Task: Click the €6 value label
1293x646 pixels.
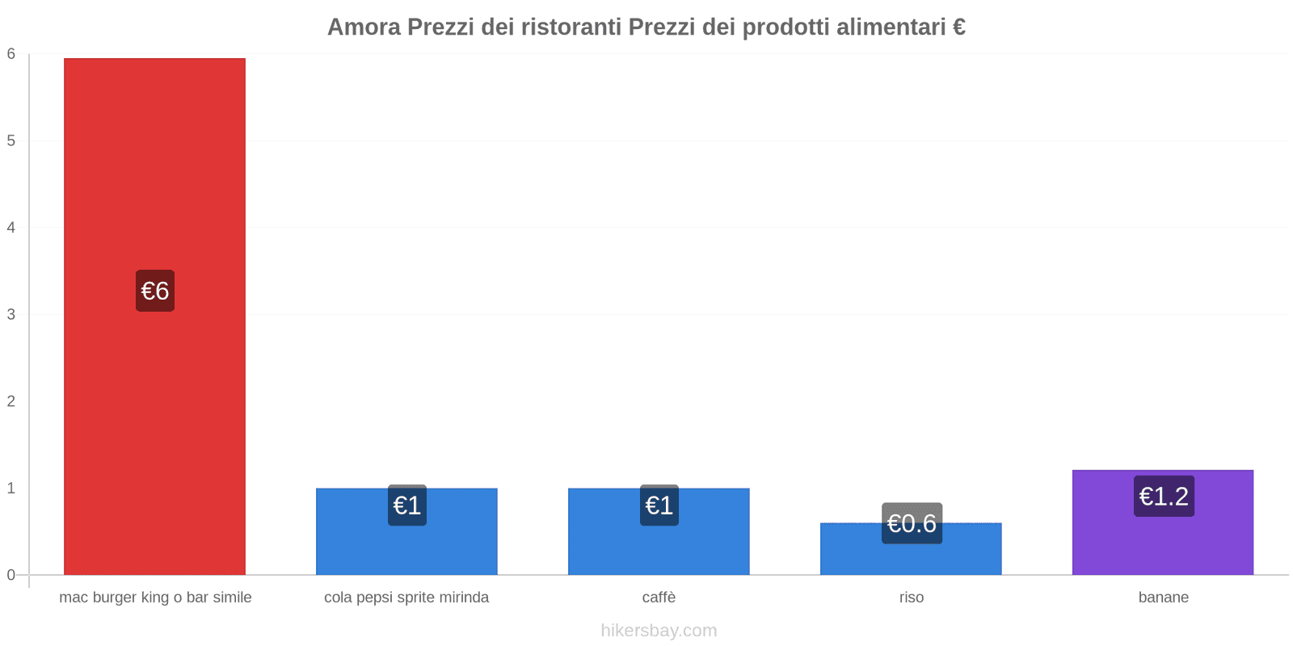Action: [155, 291]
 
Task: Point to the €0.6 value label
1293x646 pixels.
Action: [912, 523]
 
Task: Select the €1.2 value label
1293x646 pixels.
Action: [1164, 496]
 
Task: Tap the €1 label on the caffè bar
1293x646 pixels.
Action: [659, 505]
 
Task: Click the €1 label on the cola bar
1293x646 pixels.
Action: [407, 505]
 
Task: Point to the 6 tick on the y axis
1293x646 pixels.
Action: [11, 54]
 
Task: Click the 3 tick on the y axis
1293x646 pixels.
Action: [11, 314]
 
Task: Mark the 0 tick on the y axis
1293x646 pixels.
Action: [11, 575]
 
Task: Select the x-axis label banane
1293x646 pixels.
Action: [1163, 598]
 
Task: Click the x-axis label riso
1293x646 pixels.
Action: [911, 598]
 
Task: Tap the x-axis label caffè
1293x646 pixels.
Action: [659, 598]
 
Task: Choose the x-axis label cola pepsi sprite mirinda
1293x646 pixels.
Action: [406, 598]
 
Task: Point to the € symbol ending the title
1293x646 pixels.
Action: [958, 27]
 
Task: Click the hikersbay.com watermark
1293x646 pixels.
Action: [659, 631]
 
